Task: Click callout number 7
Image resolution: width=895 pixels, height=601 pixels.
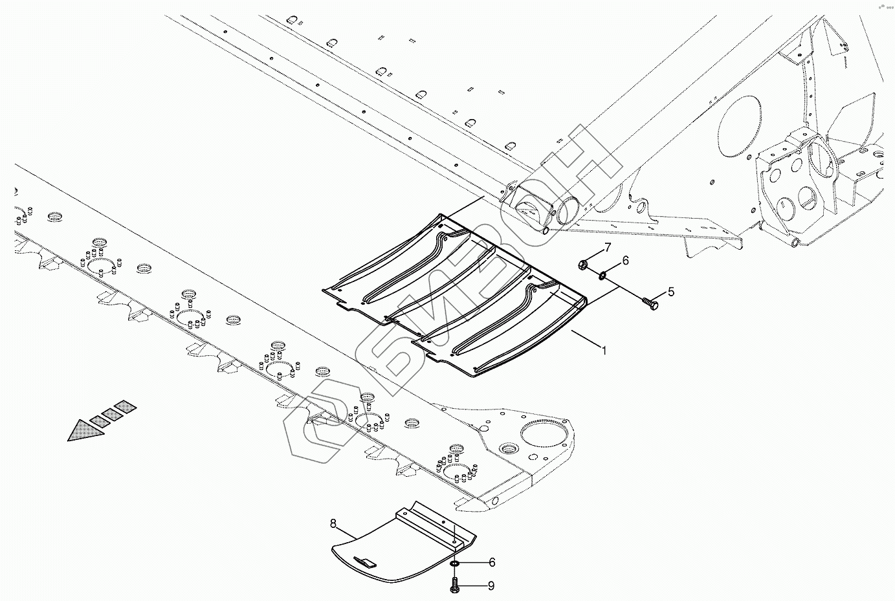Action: (x=608, y=248)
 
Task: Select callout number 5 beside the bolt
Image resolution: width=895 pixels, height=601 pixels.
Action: (x=671, y=292)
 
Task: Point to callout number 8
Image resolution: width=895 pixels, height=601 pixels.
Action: (x=333, y=522)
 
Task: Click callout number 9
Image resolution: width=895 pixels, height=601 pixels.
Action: (x=491, y=586)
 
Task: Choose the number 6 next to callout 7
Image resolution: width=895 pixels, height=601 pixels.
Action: (x=625, y=261)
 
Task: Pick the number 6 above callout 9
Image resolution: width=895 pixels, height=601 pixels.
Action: (x=492, y=562)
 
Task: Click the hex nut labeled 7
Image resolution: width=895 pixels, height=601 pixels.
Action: (x=582, y=264)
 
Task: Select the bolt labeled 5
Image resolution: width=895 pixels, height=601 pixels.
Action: (x=650, y=301)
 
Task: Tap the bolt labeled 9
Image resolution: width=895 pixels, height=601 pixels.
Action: (x=454, y=586)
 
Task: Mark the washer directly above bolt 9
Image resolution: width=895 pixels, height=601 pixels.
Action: (x=455, y=564)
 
